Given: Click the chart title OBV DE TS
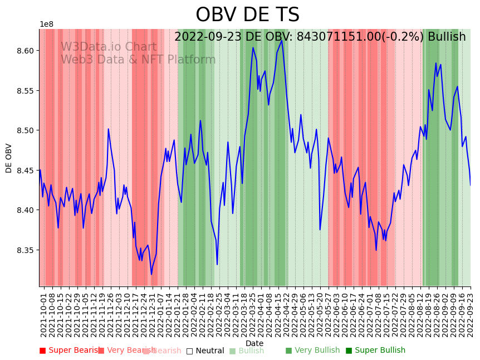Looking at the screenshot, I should click(247, 15).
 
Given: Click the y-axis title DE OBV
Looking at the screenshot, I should click(9, 158).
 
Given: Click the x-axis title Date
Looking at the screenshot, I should click(254, 343).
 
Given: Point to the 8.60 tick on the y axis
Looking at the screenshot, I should click(25, 51).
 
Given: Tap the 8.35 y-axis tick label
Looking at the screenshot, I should click(25, 250).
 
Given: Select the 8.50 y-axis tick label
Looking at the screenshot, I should click(25, 130).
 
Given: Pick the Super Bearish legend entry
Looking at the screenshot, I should click(69, 351).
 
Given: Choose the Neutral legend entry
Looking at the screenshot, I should click(205, 351).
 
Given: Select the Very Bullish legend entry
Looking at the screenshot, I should click(312, 351).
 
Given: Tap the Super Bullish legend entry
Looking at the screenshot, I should click(375, 351).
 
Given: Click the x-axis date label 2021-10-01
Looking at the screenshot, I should click(44, 314).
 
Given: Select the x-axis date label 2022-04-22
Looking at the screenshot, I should click(287, 314).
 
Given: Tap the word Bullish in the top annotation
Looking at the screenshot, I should click(445, 37).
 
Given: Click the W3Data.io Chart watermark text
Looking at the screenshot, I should click(109, 47).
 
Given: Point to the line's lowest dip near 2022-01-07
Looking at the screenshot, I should click(151, 274).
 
